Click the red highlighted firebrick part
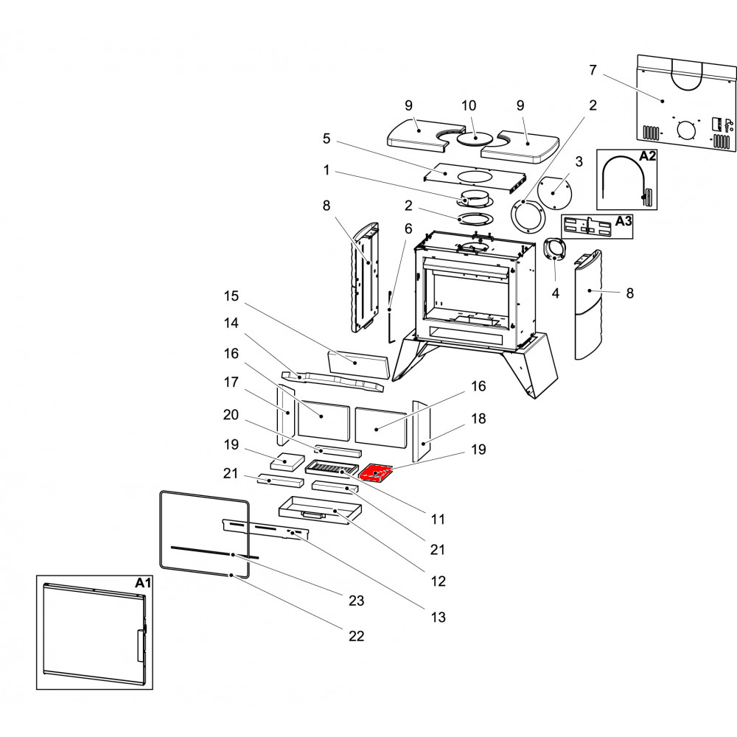coord(376,472)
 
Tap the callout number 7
coord(593,70)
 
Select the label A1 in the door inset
coord(143,583)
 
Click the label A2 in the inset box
coord(647,156)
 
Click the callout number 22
coord(356,635)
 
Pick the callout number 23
coord(356,601)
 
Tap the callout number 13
coord(438,617)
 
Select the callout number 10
coord(469,105)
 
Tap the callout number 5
coord(326,139)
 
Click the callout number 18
coord(478,419)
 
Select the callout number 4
coord(556,293)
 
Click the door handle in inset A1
coord(140,646)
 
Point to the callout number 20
coord(231,415)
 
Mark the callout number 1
coord(326,170)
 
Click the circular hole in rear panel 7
coord(686,131)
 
